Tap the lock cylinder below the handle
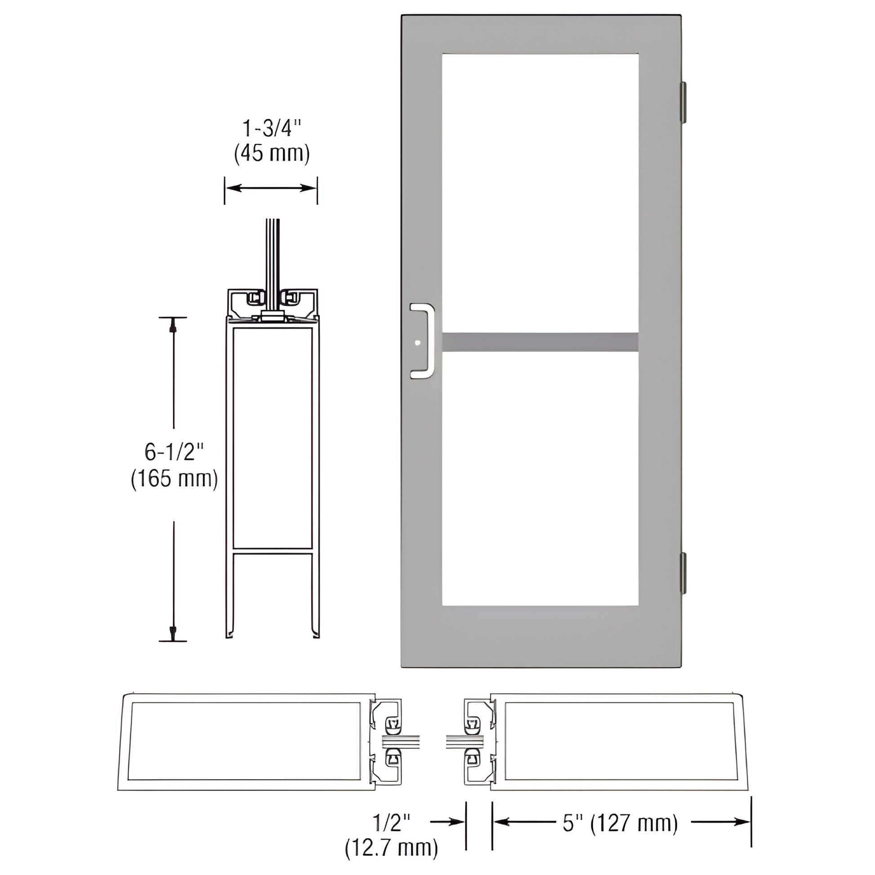coord(418,343)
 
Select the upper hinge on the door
coord(683,103)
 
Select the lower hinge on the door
coord(683,573)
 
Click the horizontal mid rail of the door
coord(540,342)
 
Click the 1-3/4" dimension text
coord(272,129)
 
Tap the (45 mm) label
coord(272,154)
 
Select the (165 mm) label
coord(174,479)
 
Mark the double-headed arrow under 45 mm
coord(271,188)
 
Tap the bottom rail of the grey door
coord(540,636)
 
